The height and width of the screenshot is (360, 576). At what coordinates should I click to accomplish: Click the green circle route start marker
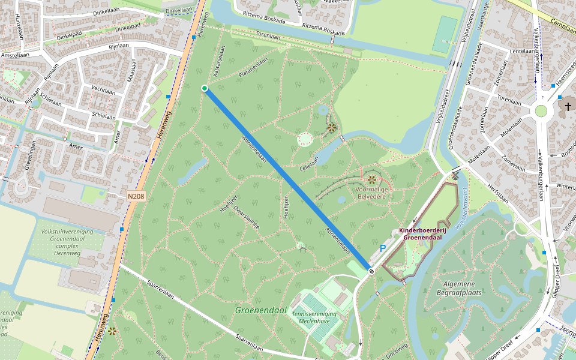[x=205, y=88]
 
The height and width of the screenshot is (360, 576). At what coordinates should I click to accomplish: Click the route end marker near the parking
[x=372, y=271]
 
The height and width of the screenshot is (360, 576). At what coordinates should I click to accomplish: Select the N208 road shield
[x=136, y=196]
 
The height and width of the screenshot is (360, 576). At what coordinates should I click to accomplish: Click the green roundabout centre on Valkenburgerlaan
[x=541, y=111]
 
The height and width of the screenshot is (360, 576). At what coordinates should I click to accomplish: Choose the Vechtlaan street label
[x=103, y=89]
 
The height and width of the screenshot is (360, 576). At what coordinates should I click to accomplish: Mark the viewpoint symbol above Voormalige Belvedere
[x=372, y=179]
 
